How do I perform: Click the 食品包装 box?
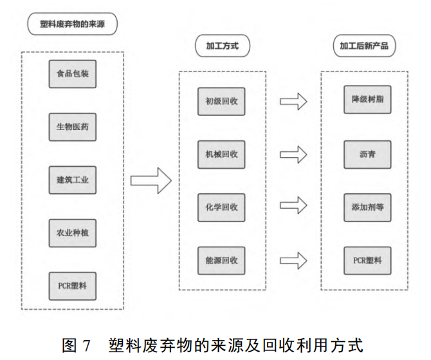coord(72,75)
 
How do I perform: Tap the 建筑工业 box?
coord(72,180)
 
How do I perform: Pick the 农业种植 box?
coord(72,233)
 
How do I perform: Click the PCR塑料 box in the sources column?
coord(72,285)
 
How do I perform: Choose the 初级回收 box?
coord(221,101)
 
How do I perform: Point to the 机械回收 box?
coord(221,154)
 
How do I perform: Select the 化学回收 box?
coord(221,207)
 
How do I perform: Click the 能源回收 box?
coord(221,260)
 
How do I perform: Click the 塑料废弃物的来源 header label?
coord(73,24)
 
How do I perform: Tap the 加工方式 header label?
coord(222,46)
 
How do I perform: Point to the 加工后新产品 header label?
coord(364,46)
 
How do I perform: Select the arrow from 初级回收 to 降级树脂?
coord(293,101)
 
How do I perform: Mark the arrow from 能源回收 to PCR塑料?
coord(293,260)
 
